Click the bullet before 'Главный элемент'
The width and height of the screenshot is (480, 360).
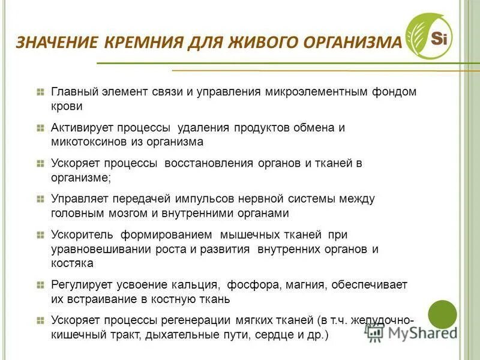(x=40, y=92)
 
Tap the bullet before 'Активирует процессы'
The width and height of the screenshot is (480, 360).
(x=40, y=128)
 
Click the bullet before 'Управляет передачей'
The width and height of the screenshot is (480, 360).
(x=40, y=199)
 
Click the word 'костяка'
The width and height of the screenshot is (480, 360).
(x=72, y=263)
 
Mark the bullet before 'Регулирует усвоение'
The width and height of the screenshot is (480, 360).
(x=40, y=284)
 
